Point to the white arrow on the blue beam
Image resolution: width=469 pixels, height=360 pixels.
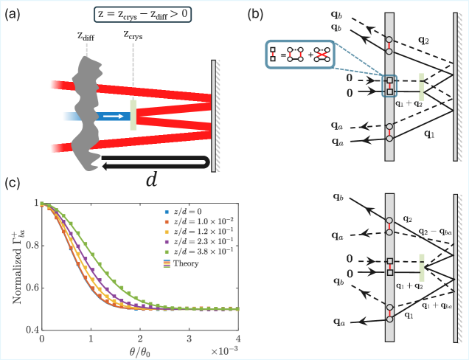click(114, 116)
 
